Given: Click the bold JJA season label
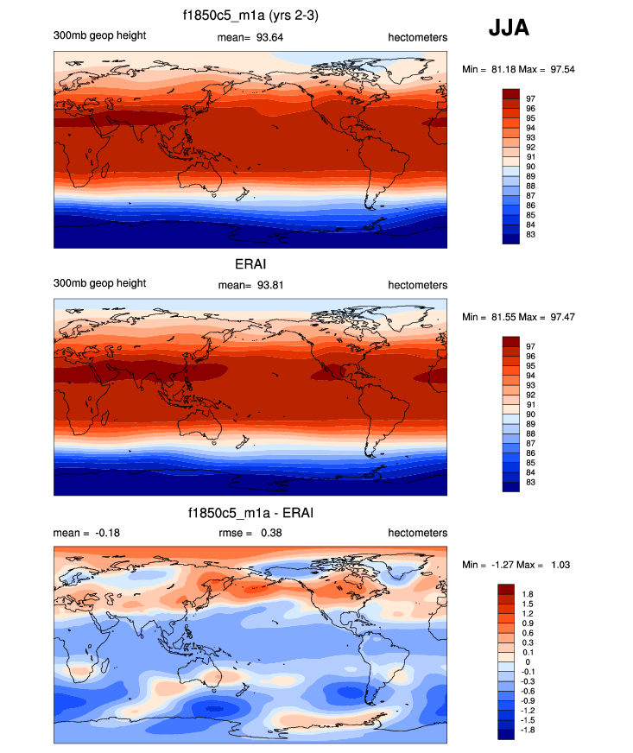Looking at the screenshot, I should [509, 29].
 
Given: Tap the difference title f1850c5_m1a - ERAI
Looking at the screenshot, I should [250, 513].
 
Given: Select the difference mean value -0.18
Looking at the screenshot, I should [103, 533].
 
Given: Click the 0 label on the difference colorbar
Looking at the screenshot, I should [529, 661].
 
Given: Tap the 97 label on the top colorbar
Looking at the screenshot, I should [530, 98].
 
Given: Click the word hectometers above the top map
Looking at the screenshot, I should [417, 36].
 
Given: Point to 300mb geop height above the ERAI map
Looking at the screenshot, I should [99, 283].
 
